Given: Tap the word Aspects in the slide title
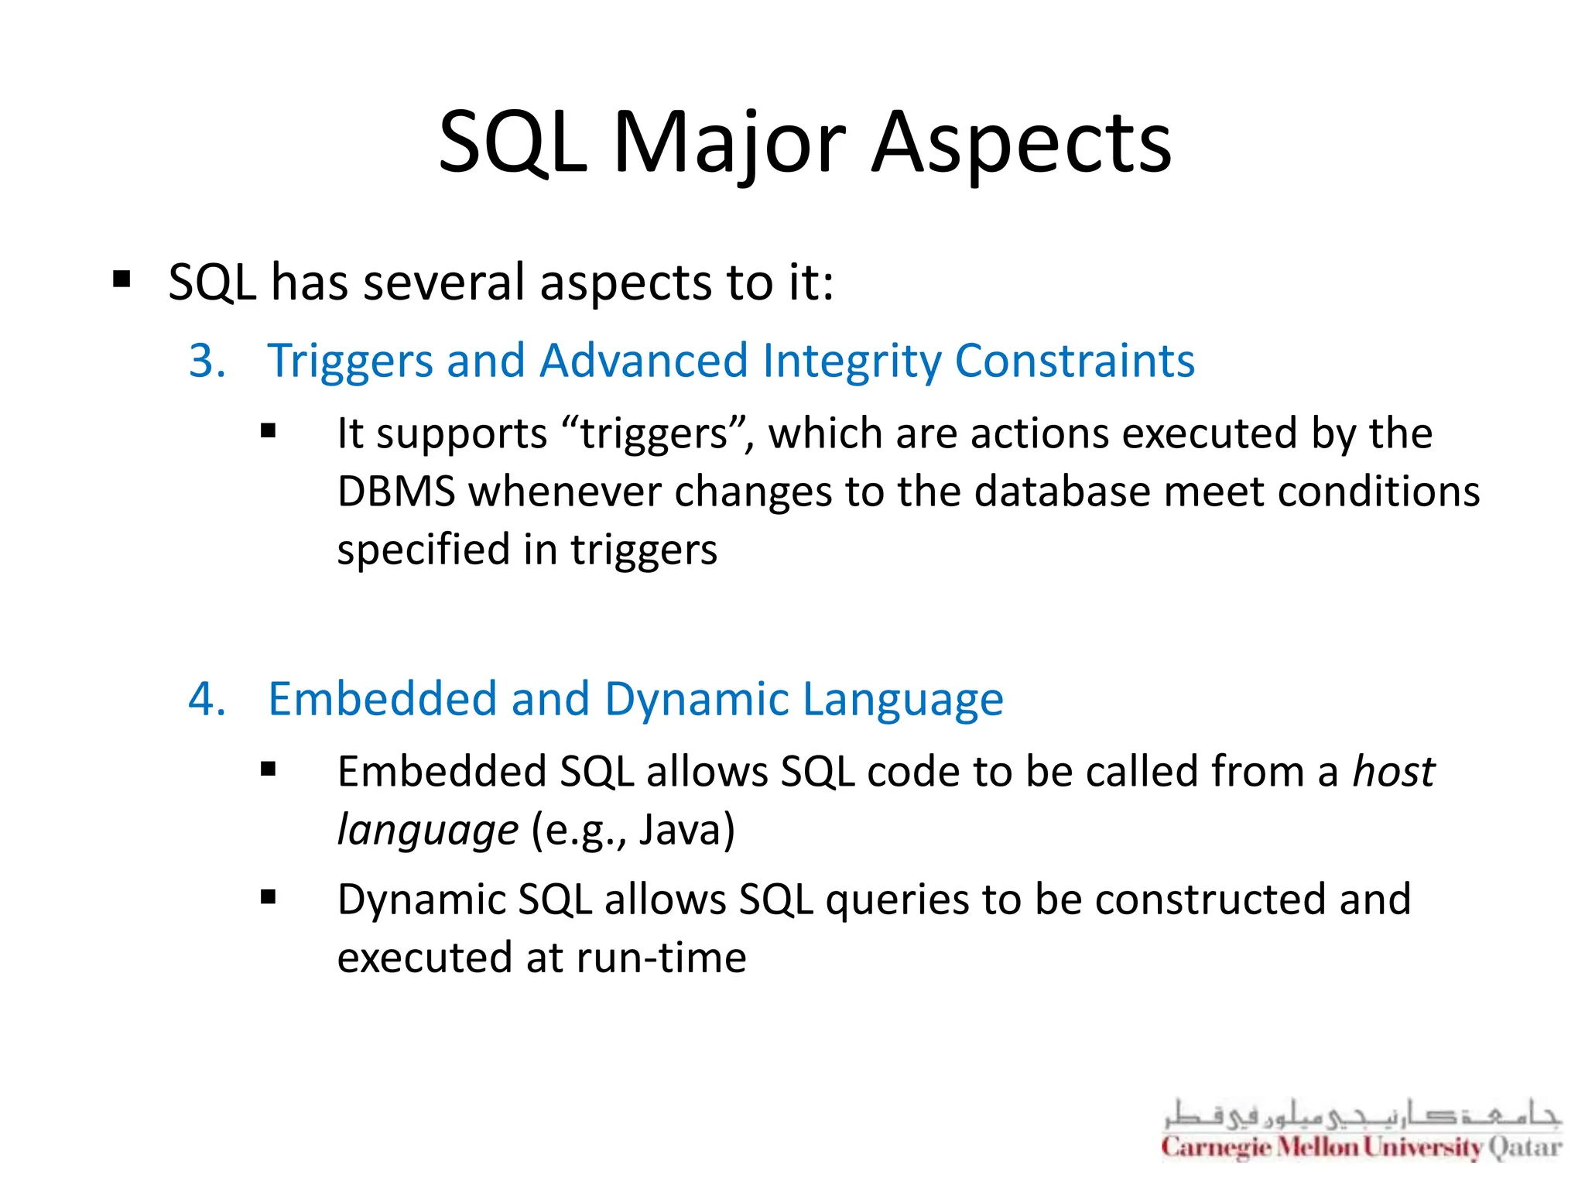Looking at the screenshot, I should (1021, 144).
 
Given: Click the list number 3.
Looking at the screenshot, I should (207, 361).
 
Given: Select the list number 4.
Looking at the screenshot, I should (207, 700).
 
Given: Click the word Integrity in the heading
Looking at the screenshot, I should (851, 361).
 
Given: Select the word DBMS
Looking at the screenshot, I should (396, 492).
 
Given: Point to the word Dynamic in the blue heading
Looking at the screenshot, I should (697, 700).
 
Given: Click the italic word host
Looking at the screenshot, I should (1393, 773).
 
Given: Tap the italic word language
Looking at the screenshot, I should (427, 831).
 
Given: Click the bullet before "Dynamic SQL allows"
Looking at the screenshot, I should (269, 898).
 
